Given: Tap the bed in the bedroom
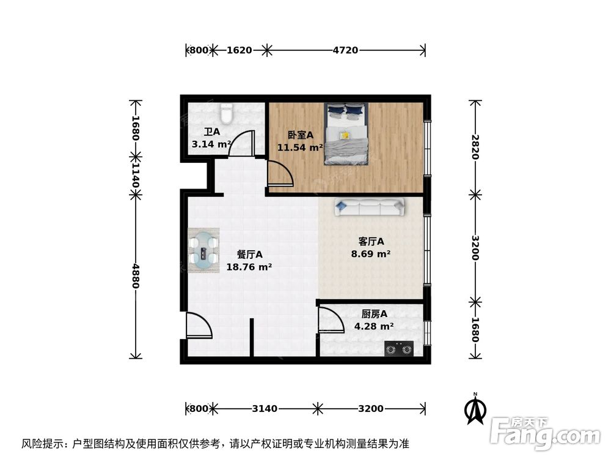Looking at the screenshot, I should click(x=346, y=133).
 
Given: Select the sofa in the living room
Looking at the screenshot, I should click(x=368, y=208).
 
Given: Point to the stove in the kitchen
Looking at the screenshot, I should click(x=398, y=349).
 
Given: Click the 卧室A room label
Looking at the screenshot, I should click(x=300, y=135).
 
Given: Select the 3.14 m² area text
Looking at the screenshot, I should click(x=211, y=144).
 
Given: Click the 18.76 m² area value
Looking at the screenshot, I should click(x=249, y=267).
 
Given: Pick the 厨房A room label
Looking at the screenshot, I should click(x=370, y=314).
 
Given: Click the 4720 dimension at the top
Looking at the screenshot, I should click(x=345, y=50).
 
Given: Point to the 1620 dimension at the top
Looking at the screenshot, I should click(x=239, y=50).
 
